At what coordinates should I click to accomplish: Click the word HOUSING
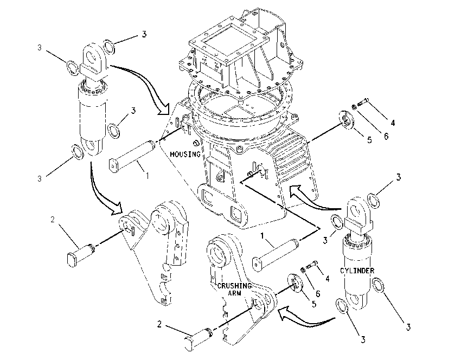(x=185, y=154)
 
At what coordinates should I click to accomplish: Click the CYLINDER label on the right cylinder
(x=357, y=271)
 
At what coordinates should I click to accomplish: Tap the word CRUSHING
(x=234, y=286)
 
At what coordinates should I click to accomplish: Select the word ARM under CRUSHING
(x=234, y=293)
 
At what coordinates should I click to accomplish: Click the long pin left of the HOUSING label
(x=132, y=157)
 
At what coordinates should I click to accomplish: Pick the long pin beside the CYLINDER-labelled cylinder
(x=276, y=255)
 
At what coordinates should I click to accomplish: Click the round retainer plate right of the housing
(x=346, y=119)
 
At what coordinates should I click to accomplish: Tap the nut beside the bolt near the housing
(x=354, y=107)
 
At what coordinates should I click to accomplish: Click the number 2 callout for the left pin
(x=53, y=220)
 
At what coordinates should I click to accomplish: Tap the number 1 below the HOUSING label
(x=148, y=176)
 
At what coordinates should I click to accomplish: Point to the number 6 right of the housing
(x=386, y=136)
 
